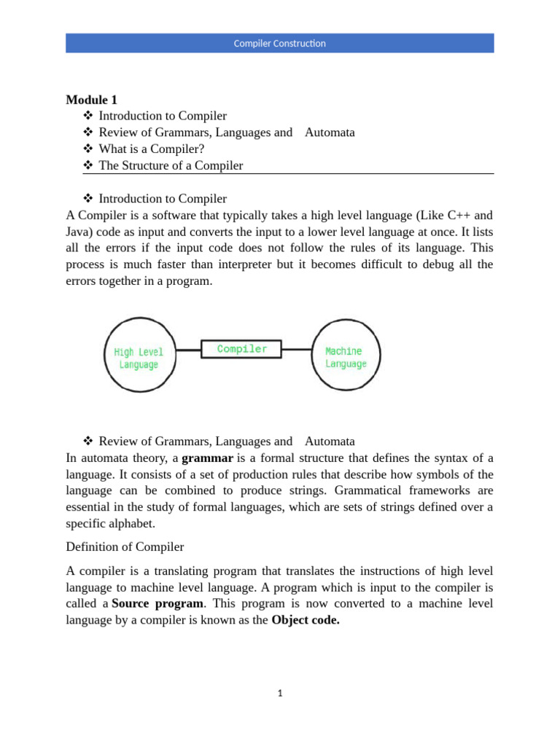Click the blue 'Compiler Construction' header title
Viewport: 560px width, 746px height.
pyautogui.click(x=279, y=44)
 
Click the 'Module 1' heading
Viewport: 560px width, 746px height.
pyautogui.click(x=91, y=100)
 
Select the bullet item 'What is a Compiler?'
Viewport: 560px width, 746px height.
pyautogui.click(x=152, y=149)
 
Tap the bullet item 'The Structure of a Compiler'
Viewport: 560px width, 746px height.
pyautogui.click(x=171, y=165)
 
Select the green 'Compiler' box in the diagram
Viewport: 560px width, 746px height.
pyautogui.click(x=242, y=349)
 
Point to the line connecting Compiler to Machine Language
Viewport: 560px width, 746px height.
pyautogui.click(x=297, y=350)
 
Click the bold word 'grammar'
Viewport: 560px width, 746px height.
pyautogui.click(x=207, y=458)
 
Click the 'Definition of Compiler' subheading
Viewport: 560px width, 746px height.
pyautogui.click(x=125, y=546)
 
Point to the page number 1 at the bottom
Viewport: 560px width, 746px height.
pyautogui.click(x=279, y=694)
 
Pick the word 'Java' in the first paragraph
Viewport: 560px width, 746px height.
pyautogui.click(x=77, y=232)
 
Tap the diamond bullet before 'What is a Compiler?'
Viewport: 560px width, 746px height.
pyautogui.click(x=89, y=149)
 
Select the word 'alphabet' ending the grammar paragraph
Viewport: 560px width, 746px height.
pyautogui.click(x=132, y=523)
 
